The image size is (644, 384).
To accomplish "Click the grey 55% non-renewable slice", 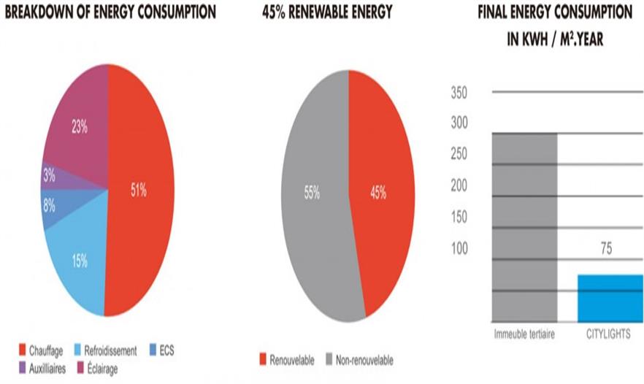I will click(x=310, y=193).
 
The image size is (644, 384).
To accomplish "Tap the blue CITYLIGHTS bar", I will click(x=610, y=297).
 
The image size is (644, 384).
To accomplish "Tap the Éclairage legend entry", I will click(x=92, y=369).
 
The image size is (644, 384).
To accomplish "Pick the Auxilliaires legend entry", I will click(x=41, y=369).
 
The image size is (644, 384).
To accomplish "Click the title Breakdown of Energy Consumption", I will click(x=110, y=13).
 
